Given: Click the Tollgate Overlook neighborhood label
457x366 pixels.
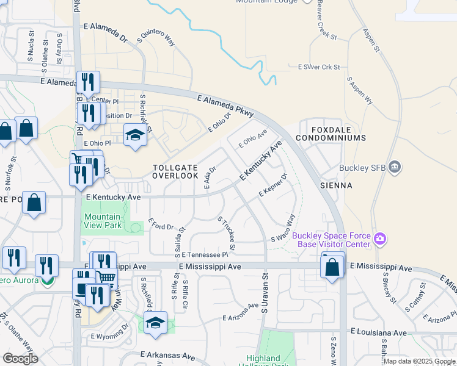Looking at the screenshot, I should coord(175,171).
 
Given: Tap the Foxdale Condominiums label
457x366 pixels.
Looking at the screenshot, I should coord(331,134).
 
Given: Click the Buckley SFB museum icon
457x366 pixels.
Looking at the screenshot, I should coord(394,167).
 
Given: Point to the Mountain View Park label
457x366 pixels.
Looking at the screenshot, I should coord(102,221).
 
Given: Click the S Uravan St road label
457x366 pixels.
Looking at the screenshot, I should coord(265,293).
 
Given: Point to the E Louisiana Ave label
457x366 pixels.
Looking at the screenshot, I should coord(378,332).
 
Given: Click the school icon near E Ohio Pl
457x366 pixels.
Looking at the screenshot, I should coord(134,135).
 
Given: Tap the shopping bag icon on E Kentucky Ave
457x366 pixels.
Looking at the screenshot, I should coord(34,203).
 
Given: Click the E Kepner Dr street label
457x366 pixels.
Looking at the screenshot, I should coord(273,186).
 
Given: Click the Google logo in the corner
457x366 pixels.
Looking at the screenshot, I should coord(21,358).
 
